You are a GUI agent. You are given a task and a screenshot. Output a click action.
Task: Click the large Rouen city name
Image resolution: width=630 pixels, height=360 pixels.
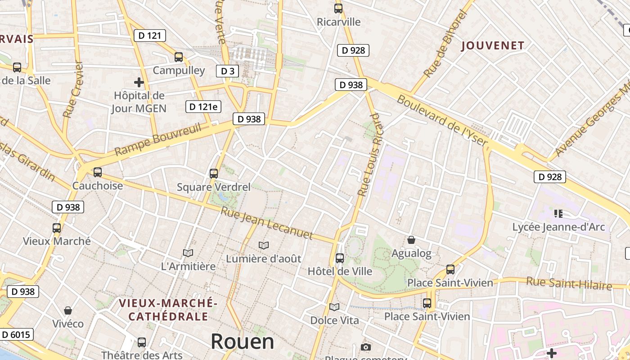tap(242, 342)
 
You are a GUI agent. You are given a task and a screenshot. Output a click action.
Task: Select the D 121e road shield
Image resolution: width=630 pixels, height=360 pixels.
tap(203, 107)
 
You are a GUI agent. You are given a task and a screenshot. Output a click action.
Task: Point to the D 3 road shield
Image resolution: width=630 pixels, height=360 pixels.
tap(228, 71)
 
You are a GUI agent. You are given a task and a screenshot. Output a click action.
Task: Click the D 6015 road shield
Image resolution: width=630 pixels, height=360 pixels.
tap(16, 334)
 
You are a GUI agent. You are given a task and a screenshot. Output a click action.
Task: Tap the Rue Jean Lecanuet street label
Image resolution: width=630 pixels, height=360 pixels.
tap(267, 223)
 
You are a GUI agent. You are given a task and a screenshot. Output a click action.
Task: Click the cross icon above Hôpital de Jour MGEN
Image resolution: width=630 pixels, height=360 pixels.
tap(139, 82)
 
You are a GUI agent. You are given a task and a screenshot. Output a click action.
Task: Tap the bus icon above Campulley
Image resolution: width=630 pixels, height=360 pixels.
tap(179, 57)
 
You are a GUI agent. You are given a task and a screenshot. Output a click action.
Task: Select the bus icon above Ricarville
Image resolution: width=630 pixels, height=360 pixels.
tap(338, 9)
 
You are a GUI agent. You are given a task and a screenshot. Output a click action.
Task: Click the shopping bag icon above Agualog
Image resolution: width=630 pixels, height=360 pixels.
tap(411, 240)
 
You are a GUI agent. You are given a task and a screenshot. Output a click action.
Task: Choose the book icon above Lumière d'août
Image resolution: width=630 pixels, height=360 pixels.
tap(264, 245)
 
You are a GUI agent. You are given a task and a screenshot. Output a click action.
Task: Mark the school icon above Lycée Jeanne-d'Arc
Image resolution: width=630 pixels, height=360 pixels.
tap(558, 214)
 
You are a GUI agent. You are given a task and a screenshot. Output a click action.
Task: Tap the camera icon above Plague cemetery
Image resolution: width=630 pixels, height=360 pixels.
tap(366, 347)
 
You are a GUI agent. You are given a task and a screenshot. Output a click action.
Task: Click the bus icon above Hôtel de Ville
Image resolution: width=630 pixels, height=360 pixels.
tap(340, 258)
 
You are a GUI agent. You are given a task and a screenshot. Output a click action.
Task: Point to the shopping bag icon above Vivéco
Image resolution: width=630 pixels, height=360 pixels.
tap(68, 310)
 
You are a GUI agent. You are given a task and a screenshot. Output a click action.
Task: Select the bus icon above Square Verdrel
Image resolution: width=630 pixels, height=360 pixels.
tap(214, 173)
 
